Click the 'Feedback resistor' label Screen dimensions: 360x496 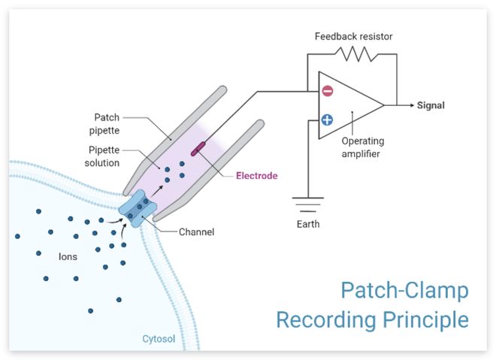coord(353,36)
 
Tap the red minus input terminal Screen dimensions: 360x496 coord(328,92)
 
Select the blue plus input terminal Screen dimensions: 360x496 coord(328,119)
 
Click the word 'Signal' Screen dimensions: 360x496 coord(431,105)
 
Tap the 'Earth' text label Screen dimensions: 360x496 coord(307,224)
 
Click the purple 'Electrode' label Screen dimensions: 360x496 coord(256,176)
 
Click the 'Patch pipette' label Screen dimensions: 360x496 coord(107,123)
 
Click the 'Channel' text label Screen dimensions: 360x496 coord(196,232)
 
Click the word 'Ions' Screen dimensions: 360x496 coord(68,256)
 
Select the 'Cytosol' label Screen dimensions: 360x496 coord(159,339)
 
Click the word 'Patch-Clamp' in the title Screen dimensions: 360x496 coord(404,290)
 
